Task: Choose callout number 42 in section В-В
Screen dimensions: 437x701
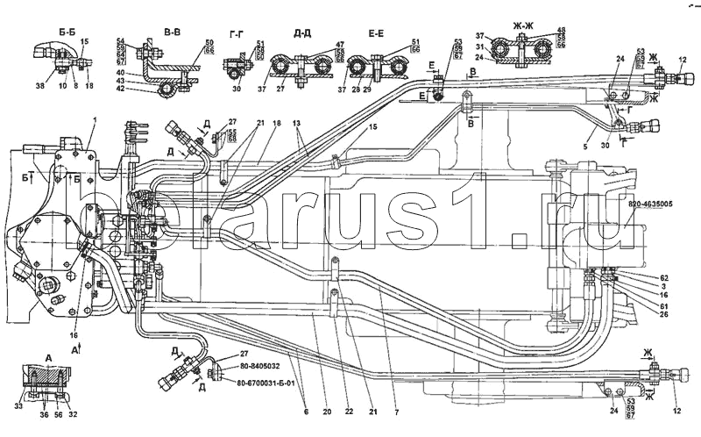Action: click(122, 89)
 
